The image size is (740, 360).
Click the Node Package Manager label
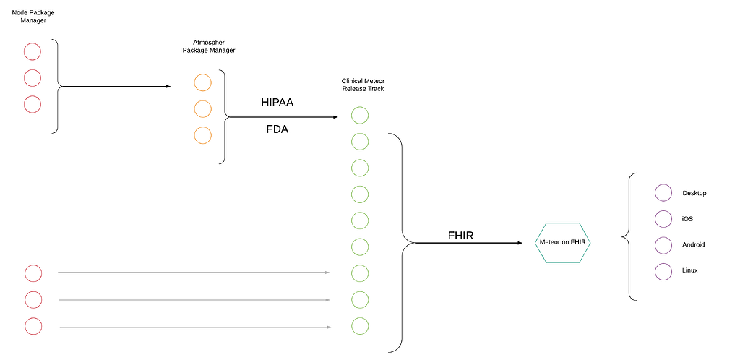[33, 15]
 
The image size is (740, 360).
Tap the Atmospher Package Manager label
[208, 46]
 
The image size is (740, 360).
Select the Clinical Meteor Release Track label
[362, 85]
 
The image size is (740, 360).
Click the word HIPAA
[277, 103]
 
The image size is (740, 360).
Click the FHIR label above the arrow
[460, 235]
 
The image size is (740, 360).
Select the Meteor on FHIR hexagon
[563, 242]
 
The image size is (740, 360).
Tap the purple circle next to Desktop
[663, 193]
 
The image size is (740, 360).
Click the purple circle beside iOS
[663, 218]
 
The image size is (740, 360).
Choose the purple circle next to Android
[663, 244]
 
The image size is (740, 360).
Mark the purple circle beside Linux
[663, 270]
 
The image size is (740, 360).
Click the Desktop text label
[694, 193]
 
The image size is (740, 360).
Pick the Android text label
[693, 244]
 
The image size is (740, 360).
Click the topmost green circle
[359, 115]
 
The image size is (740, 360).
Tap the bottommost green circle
[359, 325]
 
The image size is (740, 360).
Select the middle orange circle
[202, 108]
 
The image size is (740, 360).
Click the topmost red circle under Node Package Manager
[33, 51]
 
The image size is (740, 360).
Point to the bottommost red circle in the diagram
[33, 325]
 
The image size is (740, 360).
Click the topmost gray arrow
[193, 273]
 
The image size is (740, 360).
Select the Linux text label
[690, 270]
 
